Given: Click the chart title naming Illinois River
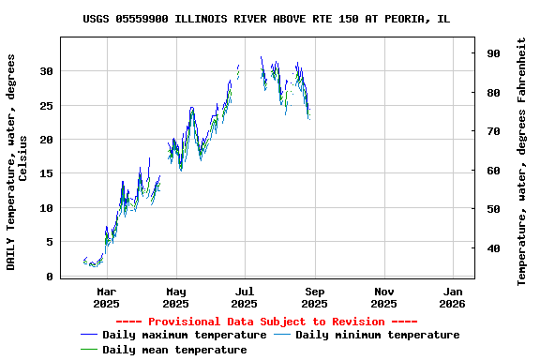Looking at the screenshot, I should (266, 19).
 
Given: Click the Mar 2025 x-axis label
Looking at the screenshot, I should (106, 297).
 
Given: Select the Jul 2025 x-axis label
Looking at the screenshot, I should (244, 297).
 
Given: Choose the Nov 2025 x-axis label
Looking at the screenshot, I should (383, 297).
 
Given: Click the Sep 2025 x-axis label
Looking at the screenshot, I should (314, 297).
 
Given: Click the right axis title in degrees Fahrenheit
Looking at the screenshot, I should (522, 161).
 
